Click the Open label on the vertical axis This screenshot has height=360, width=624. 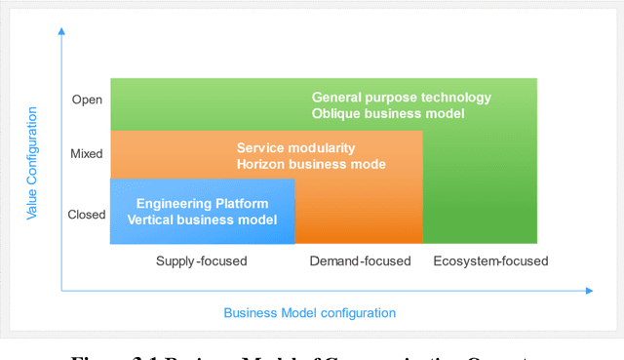click(x=87, y=100)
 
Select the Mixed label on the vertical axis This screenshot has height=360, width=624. click(x=86, y=153)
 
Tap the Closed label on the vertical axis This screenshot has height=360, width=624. click(x=87, y=215)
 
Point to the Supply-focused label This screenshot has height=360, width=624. click(x=202, y=260)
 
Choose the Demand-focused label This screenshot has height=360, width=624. click(x=361, y=260)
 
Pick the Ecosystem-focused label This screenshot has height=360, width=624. click(x=490, y=260)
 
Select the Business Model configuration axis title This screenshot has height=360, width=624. click(x=310, y=313)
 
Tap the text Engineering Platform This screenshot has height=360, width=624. click(x=202, y=204)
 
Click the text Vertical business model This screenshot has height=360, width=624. click(x=202, y=220)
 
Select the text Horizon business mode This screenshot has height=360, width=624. click(x=311, y=164)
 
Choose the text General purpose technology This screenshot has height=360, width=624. click(x=402, y=98)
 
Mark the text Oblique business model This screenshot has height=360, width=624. click(x=387, y=113)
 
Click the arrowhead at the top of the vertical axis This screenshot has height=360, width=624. click(x=61, y=31)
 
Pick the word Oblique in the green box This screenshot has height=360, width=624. click(x=336, y=113)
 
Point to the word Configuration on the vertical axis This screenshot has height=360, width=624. click(x=32, y=139)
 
